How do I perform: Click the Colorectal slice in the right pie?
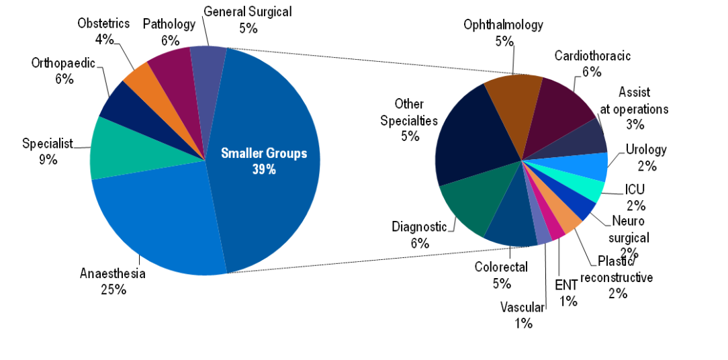pos(511,228)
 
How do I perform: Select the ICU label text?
pos(634,189)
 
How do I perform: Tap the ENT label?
pos(566,284)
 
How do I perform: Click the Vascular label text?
pos(522,308)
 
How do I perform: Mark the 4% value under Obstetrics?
pos(103,40)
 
